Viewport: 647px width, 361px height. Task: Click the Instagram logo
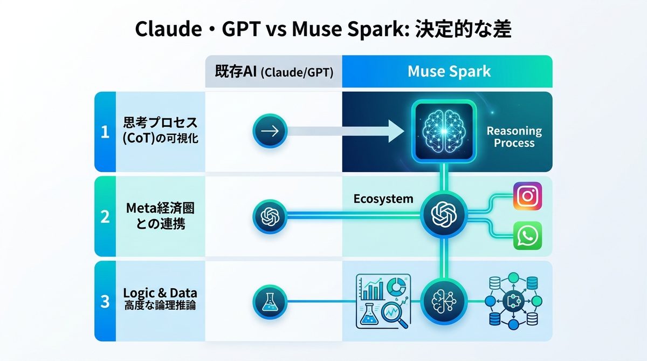[x=527, y=195]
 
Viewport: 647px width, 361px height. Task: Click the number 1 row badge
[x=105, y=132]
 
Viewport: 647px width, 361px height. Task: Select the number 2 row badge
[x=105, y=216]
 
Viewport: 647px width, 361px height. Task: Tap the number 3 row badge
[x=105, y=301]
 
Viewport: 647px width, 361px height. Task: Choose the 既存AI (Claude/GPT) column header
[x=273, y=72]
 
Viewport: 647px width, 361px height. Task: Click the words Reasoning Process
[x=514, y=137]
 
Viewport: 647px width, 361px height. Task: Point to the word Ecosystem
[x=383, y=199]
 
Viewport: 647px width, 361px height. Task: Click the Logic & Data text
[x=160, y=293]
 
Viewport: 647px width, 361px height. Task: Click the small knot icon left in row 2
[x=270, y=217]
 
